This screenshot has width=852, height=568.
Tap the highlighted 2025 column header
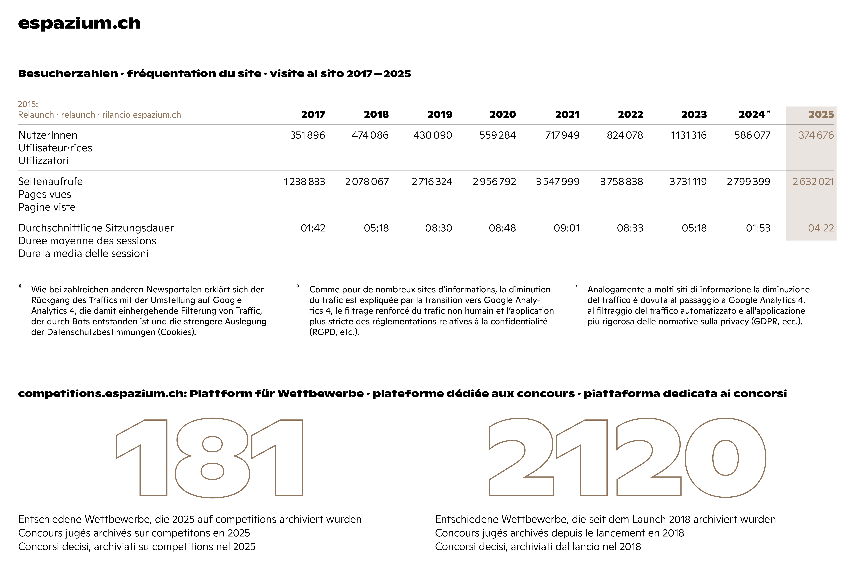(x=821, y=114)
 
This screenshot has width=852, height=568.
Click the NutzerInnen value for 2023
(x=688, y=135)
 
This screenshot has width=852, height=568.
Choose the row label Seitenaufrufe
(x=50, y=181)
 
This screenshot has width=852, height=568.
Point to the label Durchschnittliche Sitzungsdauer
(x=96, y=228)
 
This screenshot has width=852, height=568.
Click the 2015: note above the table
(x=28, y=104)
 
